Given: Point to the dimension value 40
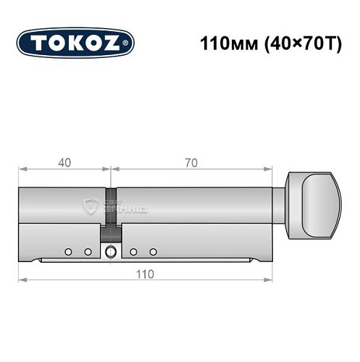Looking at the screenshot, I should click(x=65, y=162).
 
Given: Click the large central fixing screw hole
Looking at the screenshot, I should click(x=110, y=252).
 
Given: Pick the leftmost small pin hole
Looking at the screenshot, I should click(x=67, y=252).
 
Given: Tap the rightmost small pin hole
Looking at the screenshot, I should click(x=153, y=252).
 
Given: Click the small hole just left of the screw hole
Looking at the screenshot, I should click(x=88, y=252).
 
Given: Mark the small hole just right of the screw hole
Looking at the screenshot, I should click(x=133, y=252).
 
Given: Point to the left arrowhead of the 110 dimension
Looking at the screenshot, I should click(x=22, y=279).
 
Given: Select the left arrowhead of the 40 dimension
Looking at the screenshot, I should click(x=22, y=170).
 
